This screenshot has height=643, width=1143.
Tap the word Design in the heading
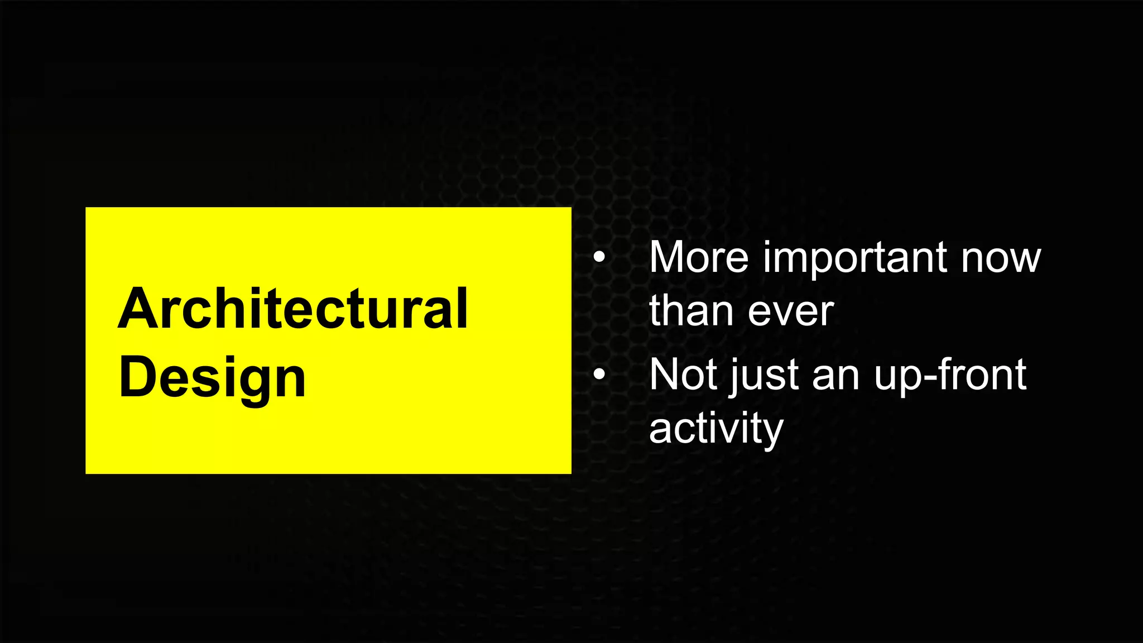coord(212,378)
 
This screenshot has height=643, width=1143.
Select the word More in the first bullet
coord(699,257)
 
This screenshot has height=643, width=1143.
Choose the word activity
coord(716,429)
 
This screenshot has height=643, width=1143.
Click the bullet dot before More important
coord(599,258)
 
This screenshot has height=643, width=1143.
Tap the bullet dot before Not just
coord(599,375)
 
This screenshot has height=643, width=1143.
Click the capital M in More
coord(671,257)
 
